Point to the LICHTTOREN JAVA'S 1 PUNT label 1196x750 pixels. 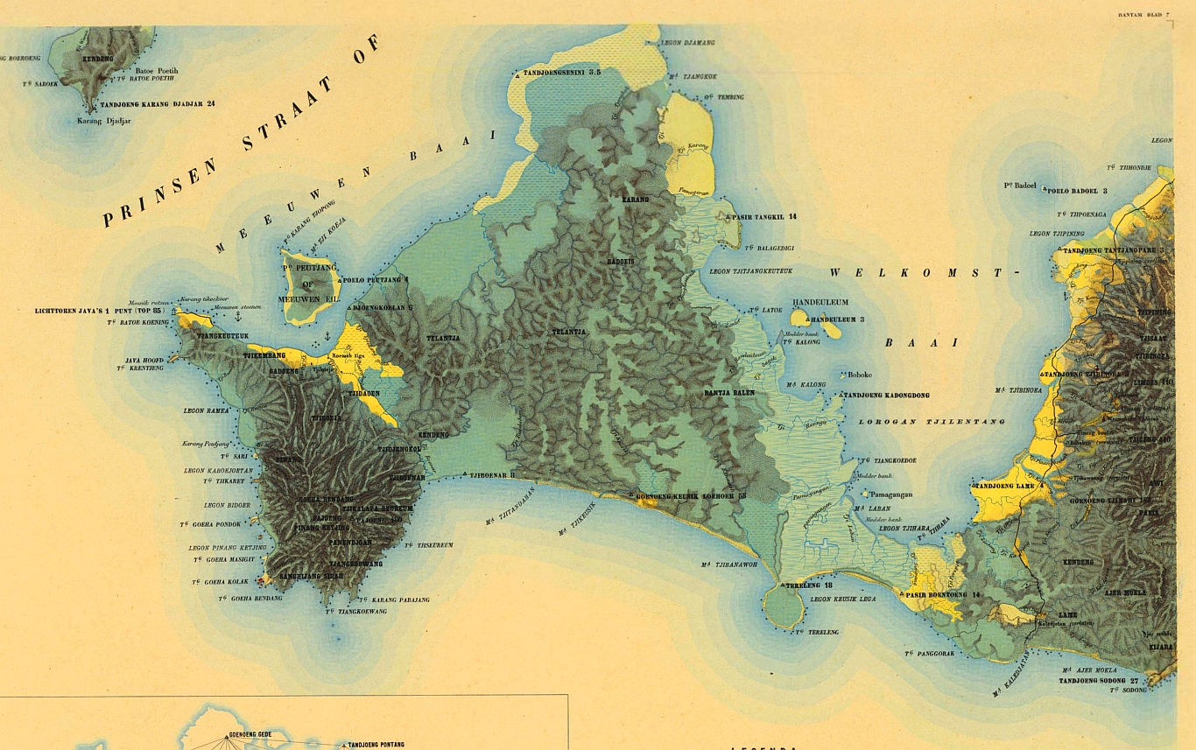(99, 311)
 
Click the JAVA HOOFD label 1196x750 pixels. (144, 360)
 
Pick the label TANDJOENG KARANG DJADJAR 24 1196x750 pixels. (158, 104)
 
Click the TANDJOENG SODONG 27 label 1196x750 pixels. (1098, 680)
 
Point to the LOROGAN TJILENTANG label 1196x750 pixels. (932, 422)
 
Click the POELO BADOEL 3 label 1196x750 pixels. (1077, 190)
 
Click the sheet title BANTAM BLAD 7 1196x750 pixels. (1142, 15)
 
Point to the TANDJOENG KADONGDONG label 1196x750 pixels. (889, 396)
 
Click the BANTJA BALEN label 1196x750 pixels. (728, 393)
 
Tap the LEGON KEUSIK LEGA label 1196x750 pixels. (843, 599)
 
